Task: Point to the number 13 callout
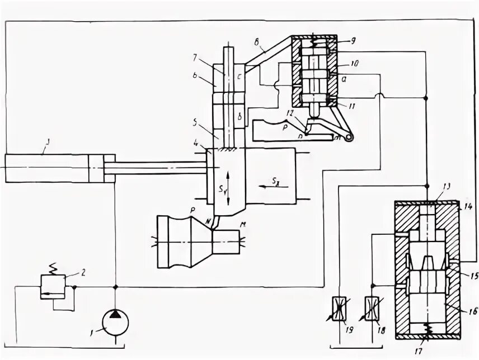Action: point(446,187)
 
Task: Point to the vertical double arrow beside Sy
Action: point(227,181)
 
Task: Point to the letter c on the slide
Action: point(239,76)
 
